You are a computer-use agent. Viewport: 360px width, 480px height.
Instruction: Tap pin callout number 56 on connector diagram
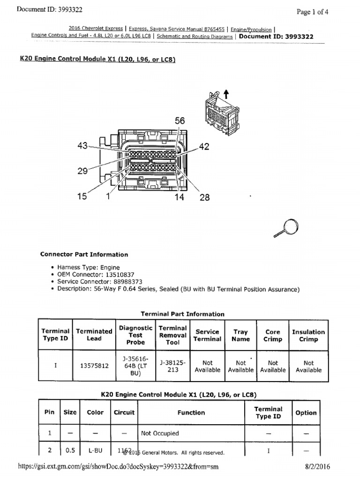180,121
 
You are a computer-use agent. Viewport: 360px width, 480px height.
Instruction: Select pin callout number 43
82,146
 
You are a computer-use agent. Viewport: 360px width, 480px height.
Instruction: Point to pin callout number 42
204,147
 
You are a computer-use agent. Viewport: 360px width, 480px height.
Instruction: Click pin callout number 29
82,171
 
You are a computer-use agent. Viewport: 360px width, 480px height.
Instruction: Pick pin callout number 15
82,197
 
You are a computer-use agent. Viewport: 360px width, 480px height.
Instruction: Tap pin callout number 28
205,197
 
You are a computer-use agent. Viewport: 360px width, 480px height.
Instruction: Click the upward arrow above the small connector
226,93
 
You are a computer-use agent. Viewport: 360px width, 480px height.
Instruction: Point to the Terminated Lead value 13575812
94,366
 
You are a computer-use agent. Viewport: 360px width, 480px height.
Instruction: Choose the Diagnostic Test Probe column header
135,335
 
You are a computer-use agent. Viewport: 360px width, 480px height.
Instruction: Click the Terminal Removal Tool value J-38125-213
172,366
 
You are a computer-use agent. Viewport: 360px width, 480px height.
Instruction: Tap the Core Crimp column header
272,335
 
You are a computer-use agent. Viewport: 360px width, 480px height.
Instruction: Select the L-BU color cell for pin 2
95,450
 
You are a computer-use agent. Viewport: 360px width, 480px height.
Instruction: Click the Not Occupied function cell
160,434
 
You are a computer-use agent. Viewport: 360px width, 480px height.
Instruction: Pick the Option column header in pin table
306,412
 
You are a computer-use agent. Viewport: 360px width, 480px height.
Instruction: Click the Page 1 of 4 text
312,12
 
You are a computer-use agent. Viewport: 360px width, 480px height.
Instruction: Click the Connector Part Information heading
84,255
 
